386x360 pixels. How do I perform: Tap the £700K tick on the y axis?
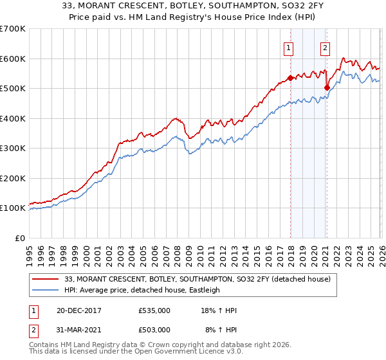pos(13,29)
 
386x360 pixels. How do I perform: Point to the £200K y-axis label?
pos(13,178)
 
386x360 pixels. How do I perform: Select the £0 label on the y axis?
pos(19,238)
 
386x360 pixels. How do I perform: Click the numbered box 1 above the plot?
pos(289,47)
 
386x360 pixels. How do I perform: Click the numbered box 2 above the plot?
pos(326,47)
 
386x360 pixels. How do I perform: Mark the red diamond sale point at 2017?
pos(290,78)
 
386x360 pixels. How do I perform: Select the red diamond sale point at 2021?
pos(327,87)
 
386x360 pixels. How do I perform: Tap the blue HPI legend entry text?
pos(142,290)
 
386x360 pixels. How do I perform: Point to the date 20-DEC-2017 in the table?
pos(78,310)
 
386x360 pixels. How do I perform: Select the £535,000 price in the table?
pos(154,310)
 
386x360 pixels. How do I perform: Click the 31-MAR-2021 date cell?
pos(78,329)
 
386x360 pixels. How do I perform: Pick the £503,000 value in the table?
pos(154,329)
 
